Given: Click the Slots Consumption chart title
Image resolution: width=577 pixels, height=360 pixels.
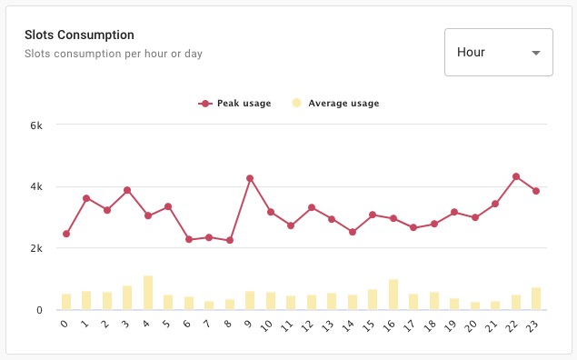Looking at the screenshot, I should click(79, 35).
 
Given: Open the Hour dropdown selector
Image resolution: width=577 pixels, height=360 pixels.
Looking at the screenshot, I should click(498, 52).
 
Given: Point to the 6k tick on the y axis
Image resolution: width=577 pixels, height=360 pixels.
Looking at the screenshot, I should click(36, 125).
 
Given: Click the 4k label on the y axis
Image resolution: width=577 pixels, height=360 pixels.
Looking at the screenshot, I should click(36, 186).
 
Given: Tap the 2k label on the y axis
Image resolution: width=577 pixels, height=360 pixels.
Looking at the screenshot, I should click(36, 248).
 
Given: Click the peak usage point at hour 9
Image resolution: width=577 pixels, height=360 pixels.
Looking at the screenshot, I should click(250, 178).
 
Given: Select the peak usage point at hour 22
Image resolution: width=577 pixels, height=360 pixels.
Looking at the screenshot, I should click(516, 176).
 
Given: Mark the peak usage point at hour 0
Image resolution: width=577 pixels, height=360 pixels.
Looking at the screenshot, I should click(66, 234).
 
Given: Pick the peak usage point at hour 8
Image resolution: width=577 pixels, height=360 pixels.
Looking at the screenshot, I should click(230, 240).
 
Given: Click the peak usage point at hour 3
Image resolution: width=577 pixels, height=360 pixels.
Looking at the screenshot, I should click(127, 190).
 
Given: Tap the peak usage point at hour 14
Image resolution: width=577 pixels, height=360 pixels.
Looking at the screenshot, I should click(353, 232).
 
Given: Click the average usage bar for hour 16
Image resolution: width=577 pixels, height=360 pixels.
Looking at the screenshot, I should click(393, 295).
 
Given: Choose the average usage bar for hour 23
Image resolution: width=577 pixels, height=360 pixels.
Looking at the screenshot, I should click(536, 298).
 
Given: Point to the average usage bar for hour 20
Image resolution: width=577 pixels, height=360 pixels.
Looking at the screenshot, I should click(475, 305).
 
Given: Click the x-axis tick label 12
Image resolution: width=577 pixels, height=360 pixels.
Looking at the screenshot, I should click(310, 325).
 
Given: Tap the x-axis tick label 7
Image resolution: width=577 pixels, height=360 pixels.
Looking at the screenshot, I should click(209, 325).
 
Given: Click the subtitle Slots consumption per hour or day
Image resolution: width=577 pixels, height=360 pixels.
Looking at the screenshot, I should click(113, 54).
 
